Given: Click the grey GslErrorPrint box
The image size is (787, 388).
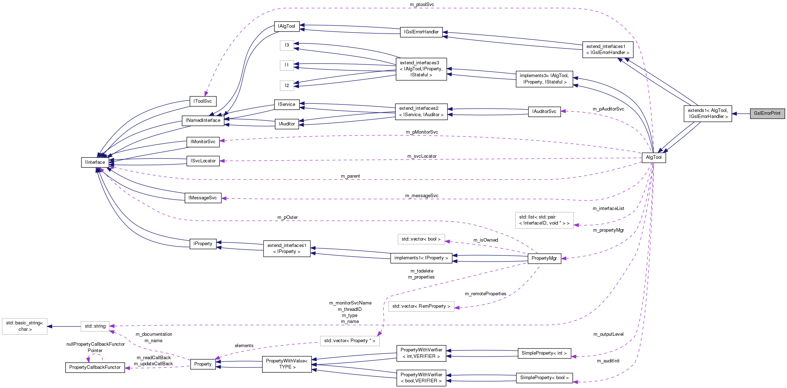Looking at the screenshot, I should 767,113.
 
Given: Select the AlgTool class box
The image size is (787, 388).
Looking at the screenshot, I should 653,157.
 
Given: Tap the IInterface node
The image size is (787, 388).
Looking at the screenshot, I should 95,162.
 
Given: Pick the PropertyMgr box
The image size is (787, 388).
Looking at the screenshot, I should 544,258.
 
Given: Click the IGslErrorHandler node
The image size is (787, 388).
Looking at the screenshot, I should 421,32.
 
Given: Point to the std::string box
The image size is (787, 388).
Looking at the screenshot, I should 95,326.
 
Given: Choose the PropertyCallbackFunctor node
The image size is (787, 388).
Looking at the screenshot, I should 95,367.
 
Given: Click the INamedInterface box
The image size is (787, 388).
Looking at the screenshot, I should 203,120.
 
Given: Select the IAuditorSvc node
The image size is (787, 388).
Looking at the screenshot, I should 544,112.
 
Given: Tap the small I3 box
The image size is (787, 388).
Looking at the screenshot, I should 287,45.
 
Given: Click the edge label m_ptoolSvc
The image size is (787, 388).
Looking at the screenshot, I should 422,5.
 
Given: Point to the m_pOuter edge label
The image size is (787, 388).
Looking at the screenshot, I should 287,217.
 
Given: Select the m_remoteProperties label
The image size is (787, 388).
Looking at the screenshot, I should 485,294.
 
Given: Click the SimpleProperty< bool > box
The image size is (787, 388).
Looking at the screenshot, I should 544,378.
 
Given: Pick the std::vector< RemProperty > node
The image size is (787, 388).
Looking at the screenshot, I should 421,306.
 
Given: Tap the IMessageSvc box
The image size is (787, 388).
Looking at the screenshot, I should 203,198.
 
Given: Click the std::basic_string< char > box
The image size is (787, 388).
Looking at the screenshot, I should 25,326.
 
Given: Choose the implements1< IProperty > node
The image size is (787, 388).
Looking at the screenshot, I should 421,258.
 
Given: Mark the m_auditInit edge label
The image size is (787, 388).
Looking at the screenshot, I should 608,361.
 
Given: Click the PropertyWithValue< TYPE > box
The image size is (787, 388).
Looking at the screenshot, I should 287,364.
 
